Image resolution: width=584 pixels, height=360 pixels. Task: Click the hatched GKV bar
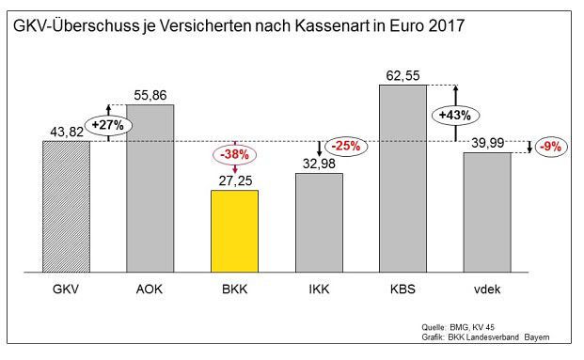pyautogui.click(x=66, y=208)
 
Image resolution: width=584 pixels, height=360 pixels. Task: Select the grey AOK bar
pyautogui.click(x=150, y=189)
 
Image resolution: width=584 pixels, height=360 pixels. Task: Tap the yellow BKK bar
pyautogui.click(x=234, y=232)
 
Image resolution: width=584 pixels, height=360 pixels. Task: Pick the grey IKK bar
pyautogui.click(x=319, y=224)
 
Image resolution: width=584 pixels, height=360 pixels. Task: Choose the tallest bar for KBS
pyautogui.click(x=402, y=179)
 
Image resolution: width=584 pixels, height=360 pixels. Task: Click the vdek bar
pyautogui.click(x=487, y=213)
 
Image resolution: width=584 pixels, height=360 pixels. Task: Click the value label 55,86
pyautogui.click(x=150, y=95)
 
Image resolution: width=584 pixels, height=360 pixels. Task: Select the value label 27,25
pyautogui.click(x=235, y=180)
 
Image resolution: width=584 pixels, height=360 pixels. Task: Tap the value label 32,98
pyautogui.click(x=319, y=164)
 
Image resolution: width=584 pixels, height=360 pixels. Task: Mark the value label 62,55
pyautogui.click(x=403, y=74)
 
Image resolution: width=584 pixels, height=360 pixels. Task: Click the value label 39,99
pyautogui.click(x=486, y=141)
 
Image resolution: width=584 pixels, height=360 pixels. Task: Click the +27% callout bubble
pyautogui.click(x=108, y=123)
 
